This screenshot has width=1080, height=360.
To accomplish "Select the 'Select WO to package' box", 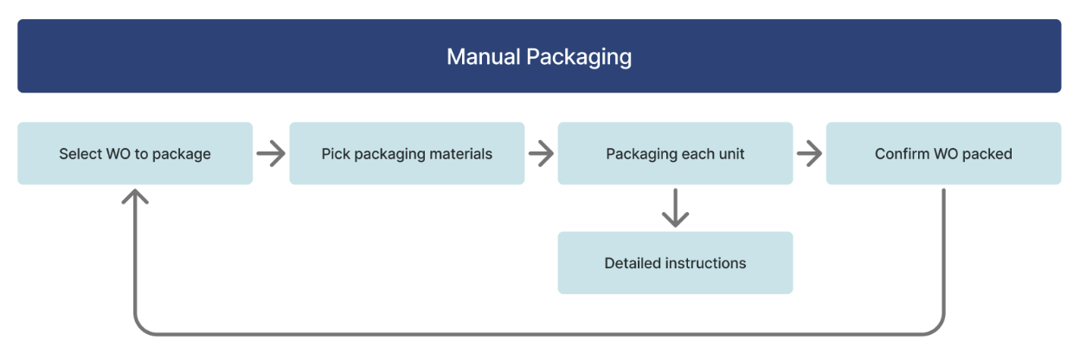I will pyautogui.click(x=135, y=153).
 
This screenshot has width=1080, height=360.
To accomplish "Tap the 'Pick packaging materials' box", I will pyautogui.click(x=407, y=153).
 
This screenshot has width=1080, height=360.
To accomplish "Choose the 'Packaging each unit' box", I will pyautogui.click(x=675, y=153).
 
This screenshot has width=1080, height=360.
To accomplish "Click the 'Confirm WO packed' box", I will pyautogui.click(x=943, y=153).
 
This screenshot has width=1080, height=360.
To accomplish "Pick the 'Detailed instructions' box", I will pyautogui.click(x=675, y=262).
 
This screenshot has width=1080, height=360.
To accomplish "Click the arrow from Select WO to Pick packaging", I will pyautogui.click(x=271, y=154).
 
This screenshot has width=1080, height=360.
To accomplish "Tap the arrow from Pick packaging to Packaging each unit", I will pyautogui.click(x=541, y=154).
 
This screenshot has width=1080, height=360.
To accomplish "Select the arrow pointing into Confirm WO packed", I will pyautogui.click(x=809, y=154).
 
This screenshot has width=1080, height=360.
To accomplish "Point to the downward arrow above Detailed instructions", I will pyautogui.click(x=675, y=209).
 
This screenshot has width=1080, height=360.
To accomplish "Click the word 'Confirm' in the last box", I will pyautogui.click(x=902, y=154).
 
